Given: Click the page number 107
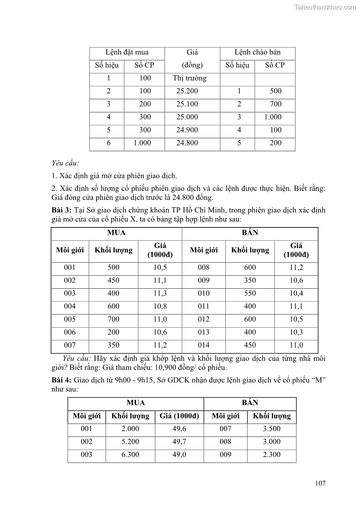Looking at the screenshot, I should pos(320,483).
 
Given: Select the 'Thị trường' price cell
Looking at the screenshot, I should pos(190,78).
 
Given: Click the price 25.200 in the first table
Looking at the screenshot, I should pos(187,91).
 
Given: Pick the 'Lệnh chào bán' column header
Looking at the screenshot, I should pos(258,52).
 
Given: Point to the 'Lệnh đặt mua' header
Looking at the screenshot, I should pos(127,52).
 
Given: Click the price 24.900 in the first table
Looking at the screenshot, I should pos(187,130).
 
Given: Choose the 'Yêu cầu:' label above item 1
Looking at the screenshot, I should pos(66,163).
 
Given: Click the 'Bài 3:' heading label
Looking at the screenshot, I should pos(62,210).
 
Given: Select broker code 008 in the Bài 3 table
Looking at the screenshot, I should pos(204,267).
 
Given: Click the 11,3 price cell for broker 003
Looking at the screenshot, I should pos(160,293).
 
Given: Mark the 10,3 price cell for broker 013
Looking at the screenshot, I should pos(297,332).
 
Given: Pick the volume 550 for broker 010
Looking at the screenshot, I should pos(250,293).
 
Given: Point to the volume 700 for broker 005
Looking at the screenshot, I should pos(113,319).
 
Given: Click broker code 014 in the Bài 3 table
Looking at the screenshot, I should pos(204,345).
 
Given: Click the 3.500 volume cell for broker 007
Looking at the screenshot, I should pos(272,429).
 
